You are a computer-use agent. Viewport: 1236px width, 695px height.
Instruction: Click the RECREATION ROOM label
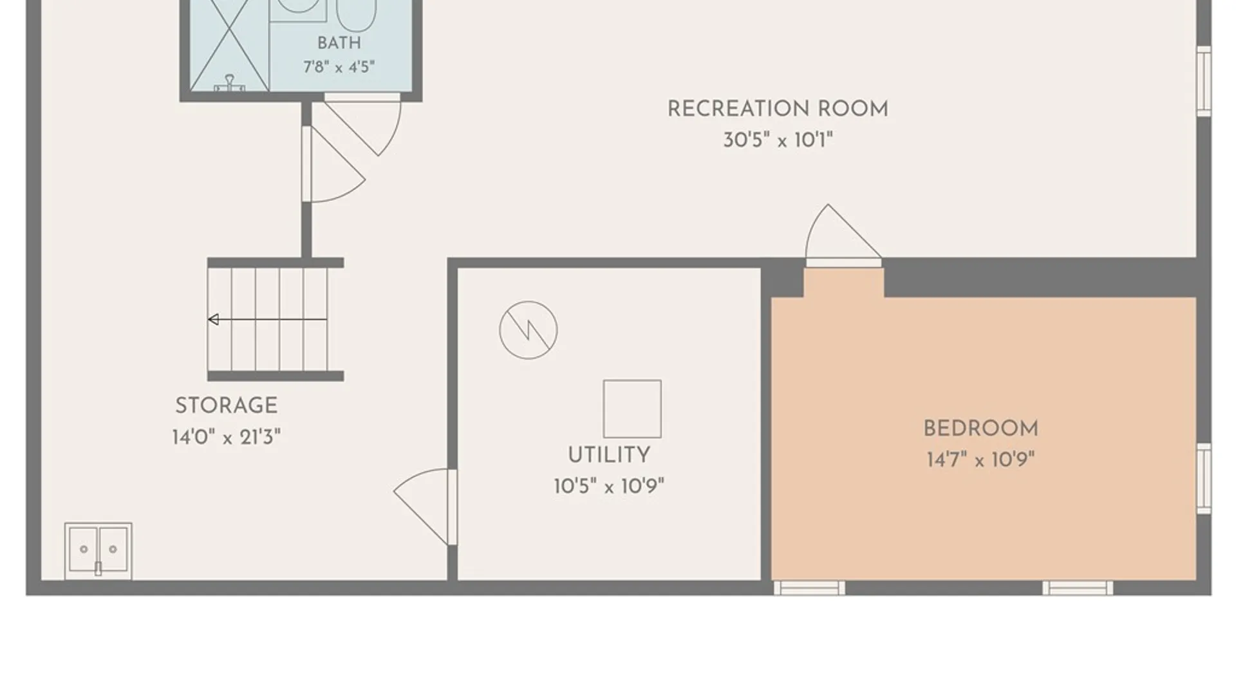(x=778, y=109)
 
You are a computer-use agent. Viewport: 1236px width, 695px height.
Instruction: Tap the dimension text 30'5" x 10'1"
(x=778, y=140)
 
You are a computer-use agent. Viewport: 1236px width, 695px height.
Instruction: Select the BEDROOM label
(x=980, y=429)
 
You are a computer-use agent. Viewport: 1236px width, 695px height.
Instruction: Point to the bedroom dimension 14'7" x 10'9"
(x=980, y=459)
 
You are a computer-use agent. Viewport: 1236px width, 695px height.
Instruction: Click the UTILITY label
(x=608, y=455)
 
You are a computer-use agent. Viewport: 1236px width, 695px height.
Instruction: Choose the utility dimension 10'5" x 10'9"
(x=608, y=486)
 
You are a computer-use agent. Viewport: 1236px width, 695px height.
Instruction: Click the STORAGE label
(x=227, y=405)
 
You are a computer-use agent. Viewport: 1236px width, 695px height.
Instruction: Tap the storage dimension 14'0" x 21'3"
(x=227, y=438)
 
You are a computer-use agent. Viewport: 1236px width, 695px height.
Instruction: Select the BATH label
(x=339, y=43)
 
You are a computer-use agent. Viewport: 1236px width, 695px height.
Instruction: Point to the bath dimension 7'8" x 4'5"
(x=339, y=67)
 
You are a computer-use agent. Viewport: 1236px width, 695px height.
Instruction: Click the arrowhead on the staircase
(x=213, y=319)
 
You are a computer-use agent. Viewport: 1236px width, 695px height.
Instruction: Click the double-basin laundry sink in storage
(x=98, y=551)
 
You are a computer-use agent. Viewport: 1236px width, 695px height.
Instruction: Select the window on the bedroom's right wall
(x=1204, y=478)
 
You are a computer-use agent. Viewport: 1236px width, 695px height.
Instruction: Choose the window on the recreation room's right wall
(x=1204, y=81)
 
